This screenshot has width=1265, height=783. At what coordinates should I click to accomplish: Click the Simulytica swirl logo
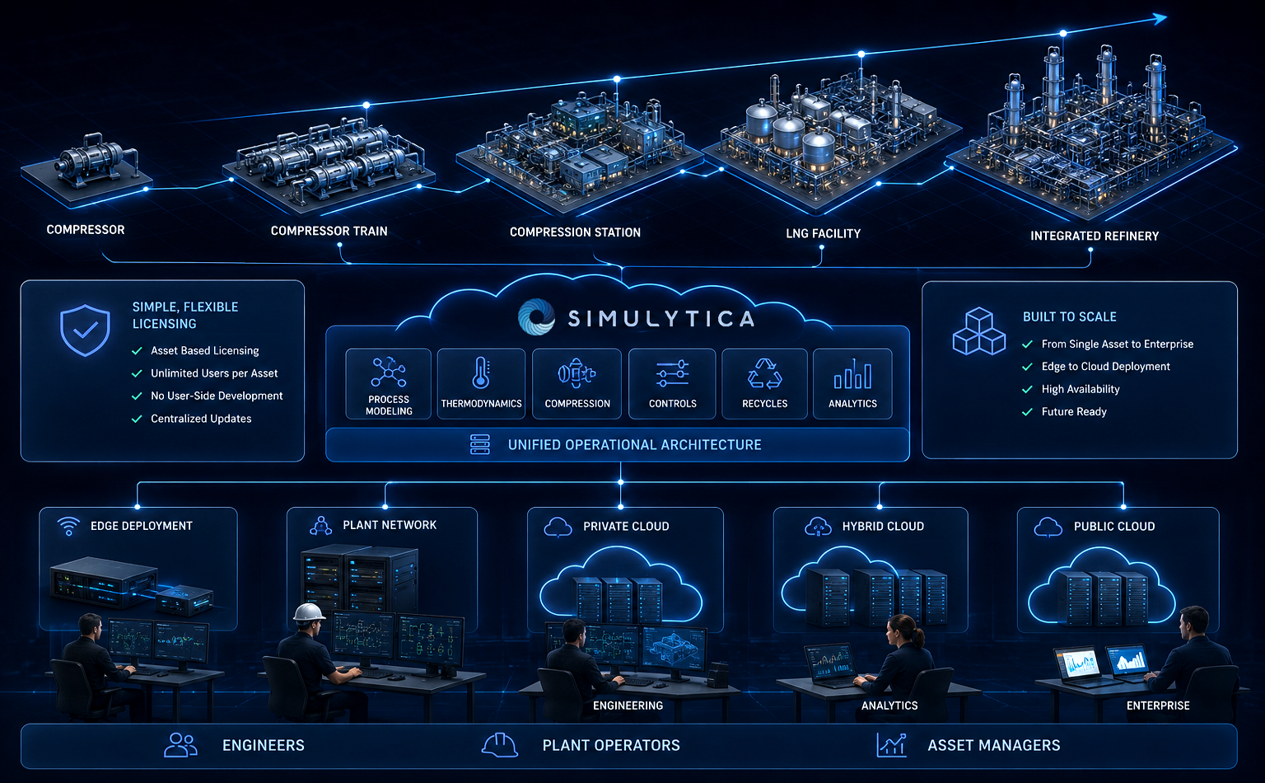536,317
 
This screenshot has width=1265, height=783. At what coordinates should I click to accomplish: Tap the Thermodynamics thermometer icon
481,373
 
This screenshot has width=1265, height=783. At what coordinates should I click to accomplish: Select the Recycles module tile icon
764,373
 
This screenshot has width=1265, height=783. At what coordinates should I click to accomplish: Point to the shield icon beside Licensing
86,331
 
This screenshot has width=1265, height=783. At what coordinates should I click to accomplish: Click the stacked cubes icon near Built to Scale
979,331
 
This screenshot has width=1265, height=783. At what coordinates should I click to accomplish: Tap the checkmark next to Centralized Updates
137,419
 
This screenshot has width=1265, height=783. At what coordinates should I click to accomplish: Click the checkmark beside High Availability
1027,390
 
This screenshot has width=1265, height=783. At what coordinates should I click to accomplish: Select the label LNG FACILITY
824,233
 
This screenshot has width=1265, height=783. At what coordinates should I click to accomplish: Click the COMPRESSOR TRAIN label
329,231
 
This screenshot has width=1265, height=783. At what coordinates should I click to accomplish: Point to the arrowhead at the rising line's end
1160,19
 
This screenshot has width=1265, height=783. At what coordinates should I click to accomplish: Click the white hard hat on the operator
308,612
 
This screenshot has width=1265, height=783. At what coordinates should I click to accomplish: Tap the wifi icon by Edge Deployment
68,527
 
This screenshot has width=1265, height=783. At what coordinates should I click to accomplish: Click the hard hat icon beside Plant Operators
499,745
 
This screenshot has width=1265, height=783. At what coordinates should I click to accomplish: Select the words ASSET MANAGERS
994,745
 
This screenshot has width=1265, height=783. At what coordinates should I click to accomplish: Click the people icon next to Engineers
180,745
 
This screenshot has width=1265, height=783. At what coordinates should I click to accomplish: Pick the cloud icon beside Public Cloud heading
1048,527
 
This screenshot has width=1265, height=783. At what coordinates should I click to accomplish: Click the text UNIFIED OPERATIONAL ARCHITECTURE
635,445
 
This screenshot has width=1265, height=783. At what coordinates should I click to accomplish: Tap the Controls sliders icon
672,373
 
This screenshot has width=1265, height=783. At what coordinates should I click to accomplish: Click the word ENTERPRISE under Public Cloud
1158,706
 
